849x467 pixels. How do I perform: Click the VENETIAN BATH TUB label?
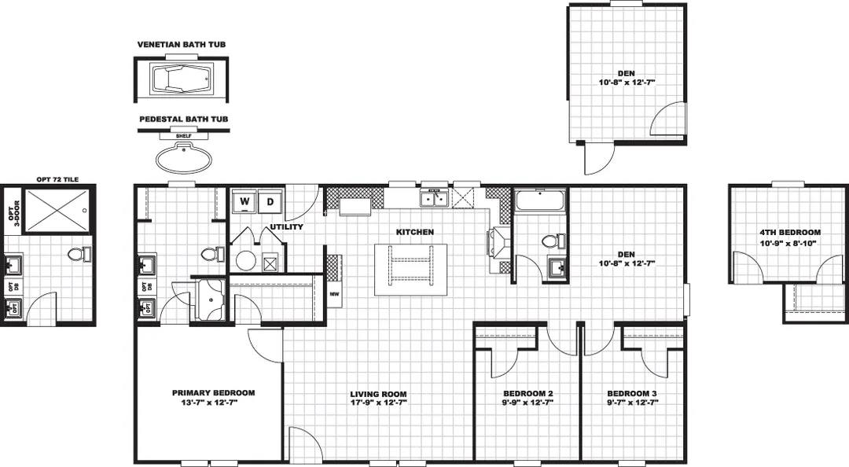(182, 45)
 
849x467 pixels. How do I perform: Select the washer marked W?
(244, 201)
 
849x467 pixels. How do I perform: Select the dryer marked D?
(270, 201)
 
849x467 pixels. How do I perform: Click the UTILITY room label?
(286, 227)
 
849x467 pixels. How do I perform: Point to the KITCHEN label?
(414, 232)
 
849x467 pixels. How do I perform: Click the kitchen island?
(410, 269)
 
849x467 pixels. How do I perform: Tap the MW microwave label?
(334, 295)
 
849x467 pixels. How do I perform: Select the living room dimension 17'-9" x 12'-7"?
(378, 403)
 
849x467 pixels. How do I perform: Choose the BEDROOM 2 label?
(528, 393)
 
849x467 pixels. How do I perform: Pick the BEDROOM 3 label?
(632, 393)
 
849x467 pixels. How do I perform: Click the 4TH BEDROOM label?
(789, 233)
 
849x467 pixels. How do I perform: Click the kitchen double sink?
(434, 199)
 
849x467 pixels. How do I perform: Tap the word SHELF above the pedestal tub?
(183, 135)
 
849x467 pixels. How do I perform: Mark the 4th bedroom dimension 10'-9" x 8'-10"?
(789, 243)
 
